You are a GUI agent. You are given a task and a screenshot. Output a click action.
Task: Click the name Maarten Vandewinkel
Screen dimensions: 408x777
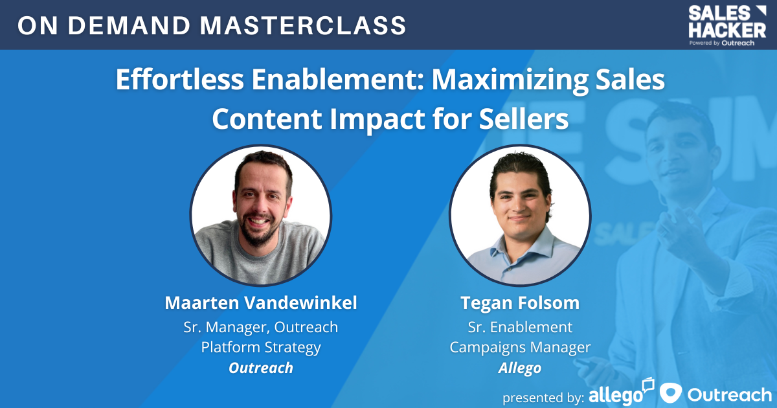tap(260, 303)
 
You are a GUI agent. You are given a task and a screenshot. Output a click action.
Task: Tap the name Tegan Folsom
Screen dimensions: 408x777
tap(520, 303)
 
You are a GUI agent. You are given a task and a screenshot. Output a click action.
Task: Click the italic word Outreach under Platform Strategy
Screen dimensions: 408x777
tap(260, 368)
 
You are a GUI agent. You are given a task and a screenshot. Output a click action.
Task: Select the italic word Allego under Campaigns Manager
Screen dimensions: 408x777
tap(520, 368)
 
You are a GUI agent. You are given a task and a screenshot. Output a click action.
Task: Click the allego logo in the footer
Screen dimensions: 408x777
tap(620, 393)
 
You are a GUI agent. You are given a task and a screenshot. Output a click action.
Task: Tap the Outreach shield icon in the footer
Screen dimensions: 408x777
tap(671, 393)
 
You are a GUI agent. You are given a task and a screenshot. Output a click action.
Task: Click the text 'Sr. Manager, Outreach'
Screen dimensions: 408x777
tap(260, 327)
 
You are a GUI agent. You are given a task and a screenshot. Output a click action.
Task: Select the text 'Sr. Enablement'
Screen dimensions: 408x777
tap(520, 327)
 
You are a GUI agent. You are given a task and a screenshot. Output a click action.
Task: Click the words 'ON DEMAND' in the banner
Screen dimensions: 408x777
tap(104, 25)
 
